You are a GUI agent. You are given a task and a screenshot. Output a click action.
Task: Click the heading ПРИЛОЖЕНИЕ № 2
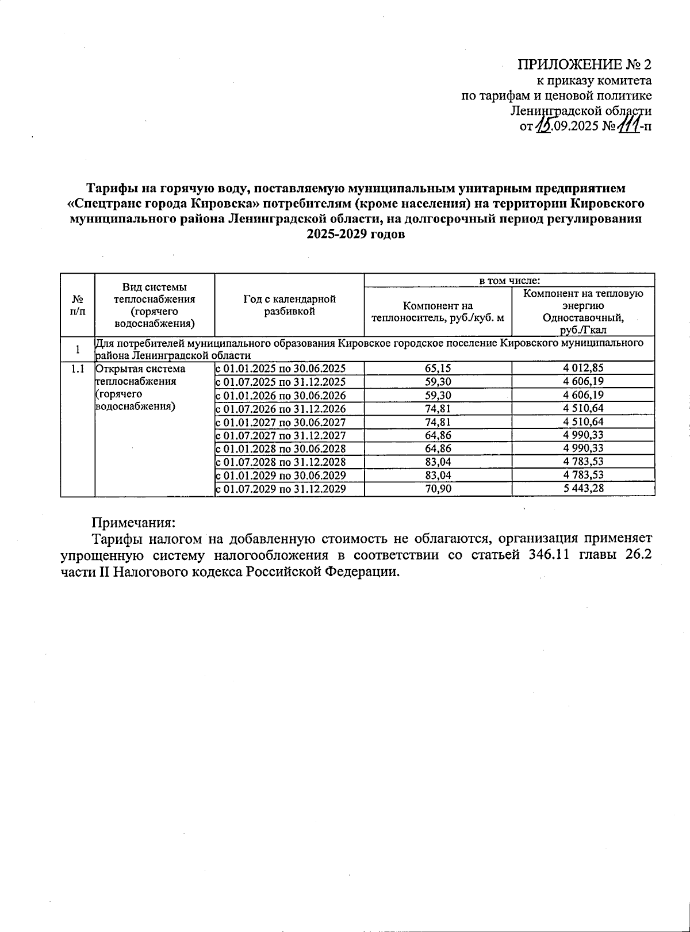click(585, 64)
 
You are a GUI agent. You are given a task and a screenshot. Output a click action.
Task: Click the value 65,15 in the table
click(438, 368)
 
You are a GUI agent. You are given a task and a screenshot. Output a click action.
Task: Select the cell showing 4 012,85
click(584, 368)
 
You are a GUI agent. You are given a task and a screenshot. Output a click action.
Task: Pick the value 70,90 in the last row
click(438, 489)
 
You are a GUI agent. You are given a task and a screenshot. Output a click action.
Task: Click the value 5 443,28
click(584, 489)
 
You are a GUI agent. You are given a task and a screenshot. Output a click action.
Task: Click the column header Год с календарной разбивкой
click(289, 305)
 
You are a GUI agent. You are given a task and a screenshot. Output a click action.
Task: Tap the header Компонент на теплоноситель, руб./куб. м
click(438, 312)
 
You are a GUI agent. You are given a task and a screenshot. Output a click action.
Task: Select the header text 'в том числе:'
click(509, 281)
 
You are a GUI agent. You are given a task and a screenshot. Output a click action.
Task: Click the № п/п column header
click(77, 305)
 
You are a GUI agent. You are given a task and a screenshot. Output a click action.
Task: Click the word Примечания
click(133, 523)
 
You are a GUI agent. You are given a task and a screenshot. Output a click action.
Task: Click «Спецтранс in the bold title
click(107, 204)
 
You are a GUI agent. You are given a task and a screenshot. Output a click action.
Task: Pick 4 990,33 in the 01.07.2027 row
click(584, 435)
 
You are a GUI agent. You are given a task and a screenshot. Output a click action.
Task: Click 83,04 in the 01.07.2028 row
click(438, 462)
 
